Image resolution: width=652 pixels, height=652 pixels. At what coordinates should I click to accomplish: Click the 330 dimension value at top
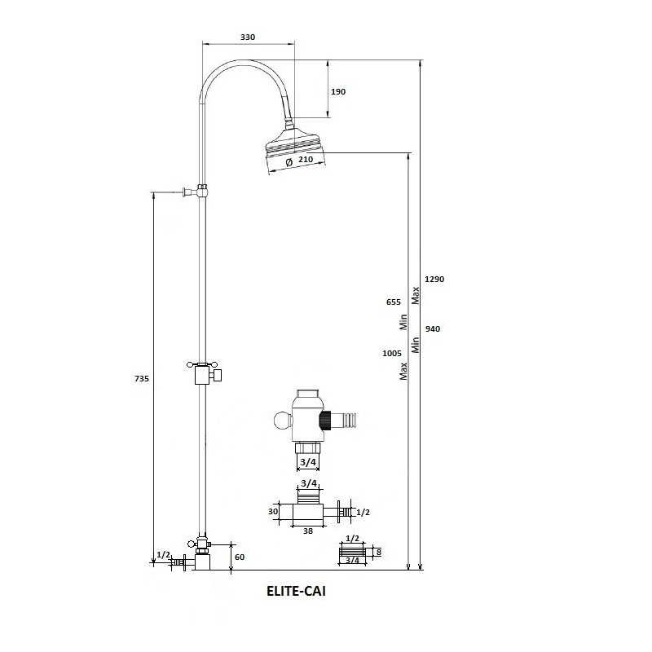click(x=248, y=37)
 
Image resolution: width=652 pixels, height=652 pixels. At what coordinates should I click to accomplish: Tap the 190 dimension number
click(x=338, y=91)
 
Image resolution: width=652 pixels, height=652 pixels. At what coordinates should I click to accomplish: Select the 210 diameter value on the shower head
click(x=306, y=159)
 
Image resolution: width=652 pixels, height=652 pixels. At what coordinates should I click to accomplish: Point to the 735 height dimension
click(x=142, y=378)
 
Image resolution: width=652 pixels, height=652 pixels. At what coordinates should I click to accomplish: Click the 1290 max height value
click(x=434, y=279)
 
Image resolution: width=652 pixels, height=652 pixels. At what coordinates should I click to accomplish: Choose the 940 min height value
click(x=433, y=329)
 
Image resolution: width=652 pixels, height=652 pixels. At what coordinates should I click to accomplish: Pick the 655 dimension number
click(x=394, y=302)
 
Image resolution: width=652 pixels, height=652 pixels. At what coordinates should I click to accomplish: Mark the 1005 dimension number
click(x=392, y=353)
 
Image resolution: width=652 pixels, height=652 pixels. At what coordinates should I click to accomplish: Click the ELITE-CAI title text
click(x=296, y=591)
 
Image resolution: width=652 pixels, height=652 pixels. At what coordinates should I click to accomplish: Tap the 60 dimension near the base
click(x=240, y=557)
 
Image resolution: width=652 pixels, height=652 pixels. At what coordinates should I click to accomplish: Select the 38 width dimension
click(x=308, y=531)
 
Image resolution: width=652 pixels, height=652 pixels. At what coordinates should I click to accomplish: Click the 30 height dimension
click(x=273, y=512)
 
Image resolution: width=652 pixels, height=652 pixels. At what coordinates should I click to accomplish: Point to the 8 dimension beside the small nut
click(x=378, y=552)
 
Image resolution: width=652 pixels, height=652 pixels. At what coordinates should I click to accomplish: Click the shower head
click(x=294, y=150)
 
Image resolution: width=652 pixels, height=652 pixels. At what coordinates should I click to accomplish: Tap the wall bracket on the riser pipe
click(x=196, y=192)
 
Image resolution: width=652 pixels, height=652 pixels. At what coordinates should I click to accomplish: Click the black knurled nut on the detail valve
click(x=324, y=421)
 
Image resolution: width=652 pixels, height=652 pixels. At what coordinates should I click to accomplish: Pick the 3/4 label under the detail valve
click(x=308, y=462)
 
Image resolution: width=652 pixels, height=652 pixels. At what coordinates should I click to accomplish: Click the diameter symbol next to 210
click(x=289, y=161)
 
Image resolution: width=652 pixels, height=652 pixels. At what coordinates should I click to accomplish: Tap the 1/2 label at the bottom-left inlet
click(x=164, y=555)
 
